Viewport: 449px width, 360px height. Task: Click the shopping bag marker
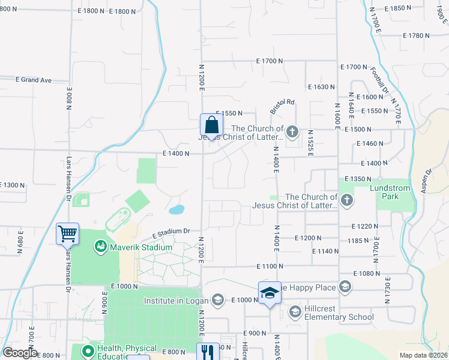coord(211,126)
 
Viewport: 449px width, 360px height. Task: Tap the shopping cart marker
coord(68,234)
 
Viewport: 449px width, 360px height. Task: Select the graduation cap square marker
coord(270,293)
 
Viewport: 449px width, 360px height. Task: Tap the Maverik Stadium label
coord(134,247)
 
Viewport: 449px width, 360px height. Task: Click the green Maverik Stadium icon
coord(100,247)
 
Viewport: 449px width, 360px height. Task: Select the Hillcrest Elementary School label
coord(339,317)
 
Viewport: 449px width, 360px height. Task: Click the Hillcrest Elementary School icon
coord(295,311)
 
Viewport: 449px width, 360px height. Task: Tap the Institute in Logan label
coord(175,300)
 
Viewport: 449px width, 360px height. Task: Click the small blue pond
coord(176,210)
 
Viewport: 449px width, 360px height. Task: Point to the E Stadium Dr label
coord(170,232)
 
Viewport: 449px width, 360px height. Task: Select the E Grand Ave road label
coord(34,80)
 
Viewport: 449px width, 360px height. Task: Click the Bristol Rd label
coord(282,106)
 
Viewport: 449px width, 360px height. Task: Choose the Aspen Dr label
coord(428,181)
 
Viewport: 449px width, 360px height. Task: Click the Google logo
coord(20,353)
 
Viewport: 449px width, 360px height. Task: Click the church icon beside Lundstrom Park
coord(346,201)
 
